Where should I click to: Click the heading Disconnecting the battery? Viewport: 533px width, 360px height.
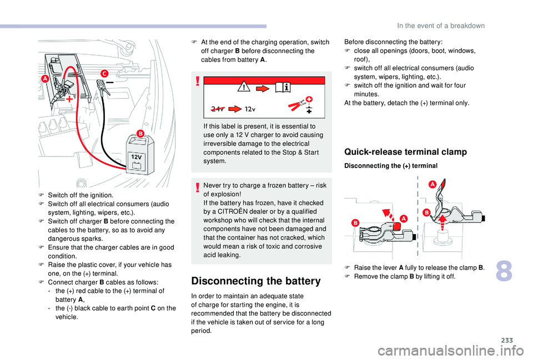[255, 281]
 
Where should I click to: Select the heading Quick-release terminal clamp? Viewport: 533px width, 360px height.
[405, 152]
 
